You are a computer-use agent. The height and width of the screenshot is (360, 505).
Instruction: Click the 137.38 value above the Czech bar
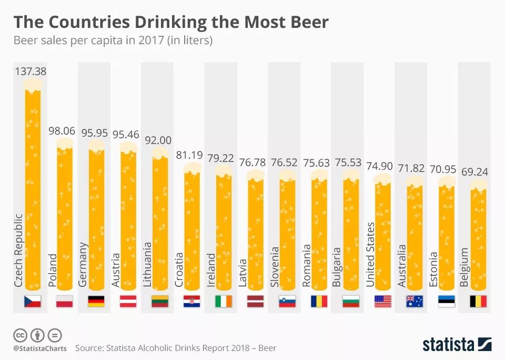31,71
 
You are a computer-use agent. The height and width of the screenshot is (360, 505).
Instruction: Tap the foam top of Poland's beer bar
64,144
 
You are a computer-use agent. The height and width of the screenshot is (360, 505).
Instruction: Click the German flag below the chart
96,302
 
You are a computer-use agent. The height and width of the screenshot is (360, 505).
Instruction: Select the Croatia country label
179,269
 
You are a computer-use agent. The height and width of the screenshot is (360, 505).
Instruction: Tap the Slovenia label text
274,267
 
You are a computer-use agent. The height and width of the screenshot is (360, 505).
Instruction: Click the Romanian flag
319,302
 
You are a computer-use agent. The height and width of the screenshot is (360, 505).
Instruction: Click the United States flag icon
382,302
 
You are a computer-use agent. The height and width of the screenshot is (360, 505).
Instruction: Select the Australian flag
414,302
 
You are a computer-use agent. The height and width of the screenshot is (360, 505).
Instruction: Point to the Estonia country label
433,269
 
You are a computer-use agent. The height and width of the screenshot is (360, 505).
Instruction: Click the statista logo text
448,345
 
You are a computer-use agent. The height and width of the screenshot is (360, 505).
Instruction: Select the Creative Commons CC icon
21,335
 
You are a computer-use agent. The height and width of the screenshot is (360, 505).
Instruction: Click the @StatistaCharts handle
39,348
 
